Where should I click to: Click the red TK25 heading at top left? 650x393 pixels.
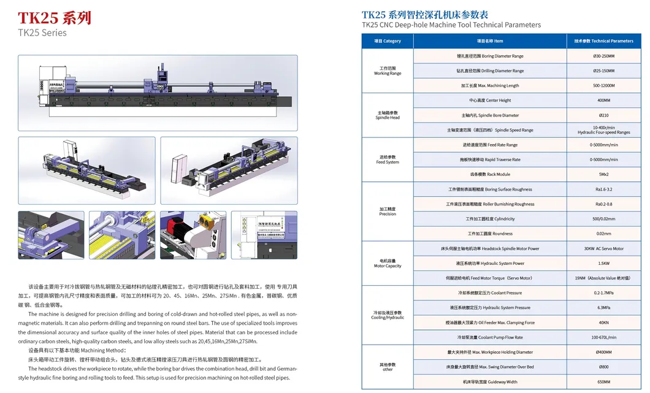[55, 17]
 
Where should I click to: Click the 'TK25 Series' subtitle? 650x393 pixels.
[42, 32]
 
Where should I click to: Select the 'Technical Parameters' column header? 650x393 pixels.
[603, 41]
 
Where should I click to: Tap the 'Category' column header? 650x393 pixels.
[388, 41]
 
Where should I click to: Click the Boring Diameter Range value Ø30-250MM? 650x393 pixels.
[603, 56]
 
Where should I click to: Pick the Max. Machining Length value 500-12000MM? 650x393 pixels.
[603, 86]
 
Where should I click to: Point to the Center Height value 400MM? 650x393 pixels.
[603, 101]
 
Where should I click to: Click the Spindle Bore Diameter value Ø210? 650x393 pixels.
[603, 115]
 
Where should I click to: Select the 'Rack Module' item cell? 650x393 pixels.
[490, 175]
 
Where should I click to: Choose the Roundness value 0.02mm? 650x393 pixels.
[603, 234]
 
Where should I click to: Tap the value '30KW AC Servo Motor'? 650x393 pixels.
[603, 249]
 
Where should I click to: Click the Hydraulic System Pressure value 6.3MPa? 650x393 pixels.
[603, 308]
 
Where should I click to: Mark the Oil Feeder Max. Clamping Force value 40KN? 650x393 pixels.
[603, 322]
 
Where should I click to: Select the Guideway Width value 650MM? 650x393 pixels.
[603, 382]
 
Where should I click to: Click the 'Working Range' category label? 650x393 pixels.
[388, 71]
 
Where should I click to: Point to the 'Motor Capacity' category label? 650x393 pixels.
[388, 264]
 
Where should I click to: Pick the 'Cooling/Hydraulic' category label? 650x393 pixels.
[388, 315]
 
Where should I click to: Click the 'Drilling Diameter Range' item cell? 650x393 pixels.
[490, 71]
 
